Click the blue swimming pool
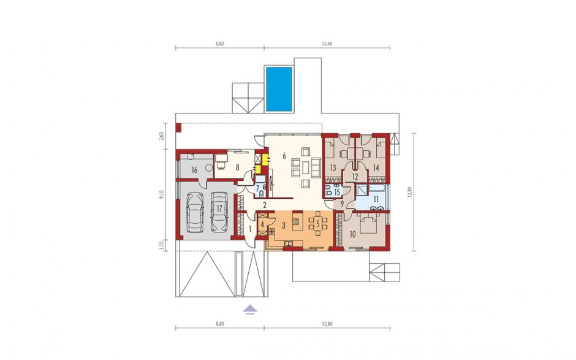pyautogui.click(x=279, y=89)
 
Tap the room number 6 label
pyautogui.click(x=284, y=156)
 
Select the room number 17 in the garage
pyautogui.click(x=219, y=209)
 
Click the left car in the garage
pyautogui.click(x=195, y=212)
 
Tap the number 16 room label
pyautogui.click(x=194, y=170)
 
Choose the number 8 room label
pyautogui.click(x=238, y=167)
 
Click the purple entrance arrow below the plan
pyautogui.click(x=250, y=309)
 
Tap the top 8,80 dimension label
pyautogui.click(x=219, y=44)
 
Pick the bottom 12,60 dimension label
pyautogui.click(x=327, y=324)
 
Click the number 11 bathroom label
pyautogui.click(x=376, y=200)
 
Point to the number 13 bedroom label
pyautogui.click(x=333, y=168)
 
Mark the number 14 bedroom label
pyautogui.click(x=376, y=168)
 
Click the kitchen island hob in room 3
pyautogui.click(x=296, y=222)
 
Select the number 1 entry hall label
pyautogui.click(x=250, y=229)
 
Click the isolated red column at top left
pyautogui.click(x=178, y=128)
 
